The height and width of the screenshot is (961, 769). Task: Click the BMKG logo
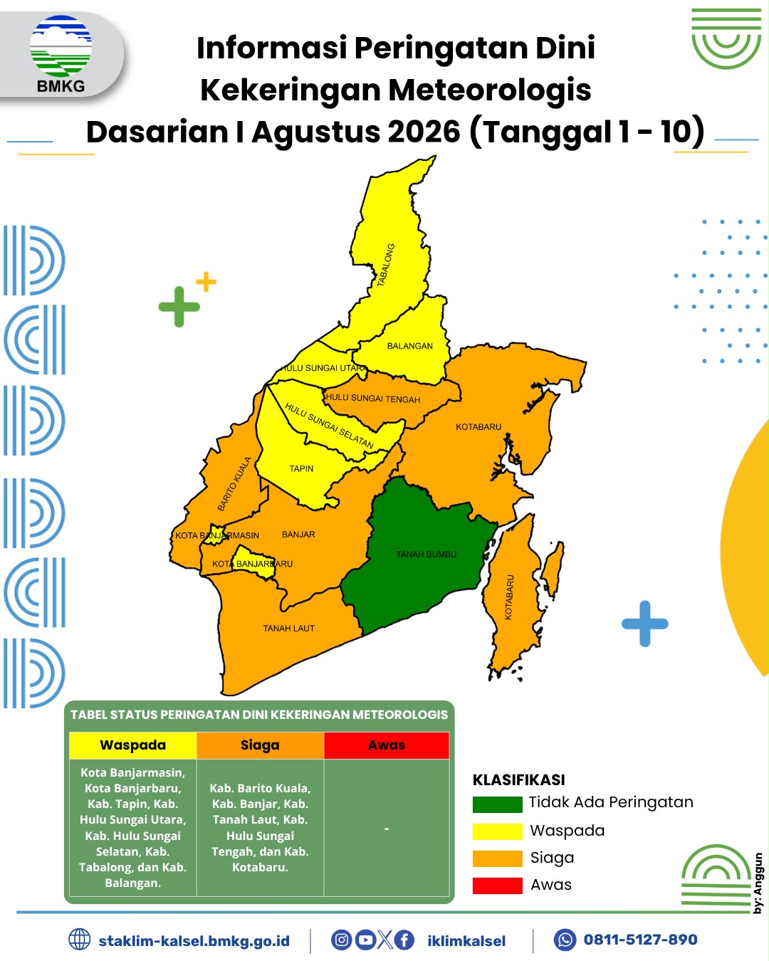tap(61, 54)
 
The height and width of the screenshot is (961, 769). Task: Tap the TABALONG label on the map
tap(386, 265)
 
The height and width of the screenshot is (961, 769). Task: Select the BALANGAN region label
tap(409, 346)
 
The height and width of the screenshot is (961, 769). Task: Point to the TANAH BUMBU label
tap(427, 555)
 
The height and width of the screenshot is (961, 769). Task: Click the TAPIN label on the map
tap(301, 468)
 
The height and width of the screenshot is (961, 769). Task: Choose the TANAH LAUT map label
tap(288, 629)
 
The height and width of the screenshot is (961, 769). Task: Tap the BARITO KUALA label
tap(234, 483)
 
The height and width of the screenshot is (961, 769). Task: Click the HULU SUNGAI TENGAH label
tap(372, 398)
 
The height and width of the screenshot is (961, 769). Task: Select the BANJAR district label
tap(298, 534)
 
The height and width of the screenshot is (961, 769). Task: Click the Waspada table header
tap(132, 745)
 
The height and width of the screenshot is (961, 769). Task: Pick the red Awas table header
tap(387, 745)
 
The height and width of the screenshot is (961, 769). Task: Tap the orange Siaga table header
tap(260, 745)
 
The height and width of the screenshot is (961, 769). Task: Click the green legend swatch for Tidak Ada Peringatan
tap(497, 804)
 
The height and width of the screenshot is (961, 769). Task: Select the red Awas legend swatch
tap(497, 886)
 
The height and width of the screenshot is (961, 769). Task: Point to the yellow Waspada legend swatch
tap(497, 831)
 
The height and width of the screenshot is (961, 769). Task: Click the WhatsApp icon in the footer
tap(565, 940)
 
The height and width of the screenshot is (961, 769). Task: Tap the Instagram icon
tap(341, 940)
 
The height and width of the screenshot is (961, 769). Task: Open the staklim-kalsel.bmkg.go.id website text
tap(194, 941)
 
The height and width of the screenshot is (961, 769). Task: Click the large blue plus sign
tap(645, 624)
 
